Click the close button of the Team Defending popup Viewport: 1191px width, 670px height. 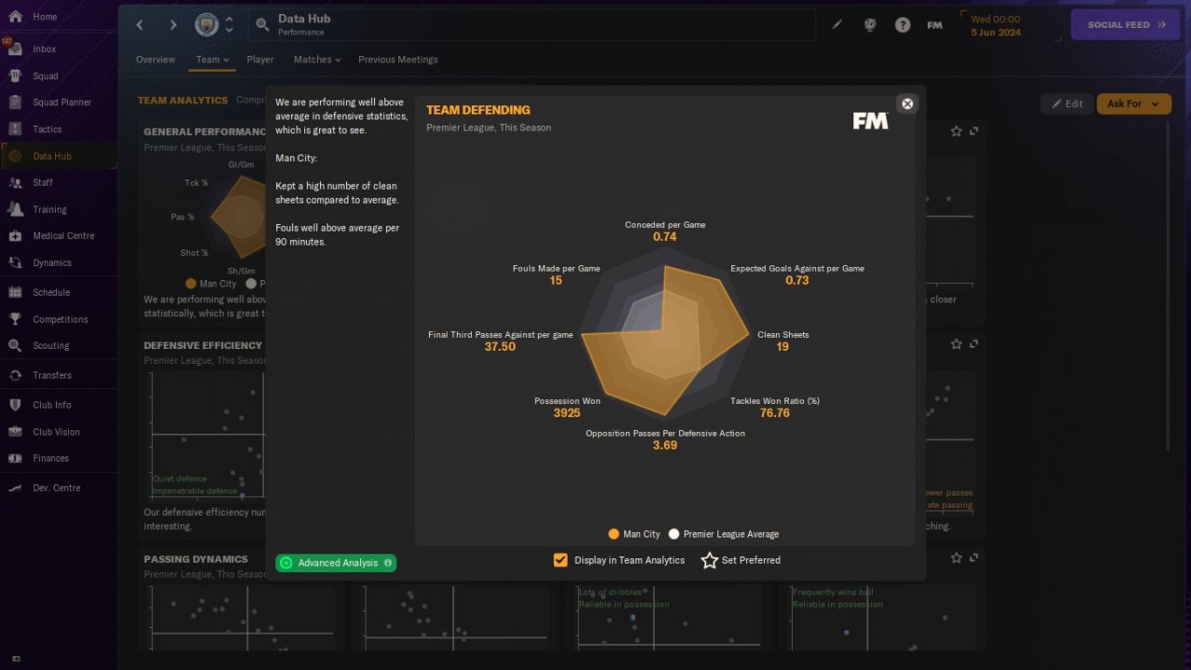[907, 103]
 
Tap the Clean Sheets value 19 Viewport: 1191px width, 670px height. [783, 347]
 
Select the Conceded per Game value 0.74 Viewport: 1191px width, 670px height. [664, 237]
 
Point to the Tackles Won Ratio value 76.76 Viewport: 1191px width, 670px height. [774, 413]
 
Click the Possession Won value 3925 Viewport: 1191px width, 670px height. [567, 413]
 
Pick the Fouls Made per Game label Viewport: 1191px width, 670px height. [555, 268]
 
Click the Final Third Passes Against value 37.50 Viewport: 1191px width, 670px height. [500, 347]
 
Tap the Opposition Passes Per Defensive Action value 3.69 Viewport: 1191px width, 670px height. [664, 446]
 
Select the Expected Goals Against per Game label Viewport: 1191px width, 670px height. [796, 268]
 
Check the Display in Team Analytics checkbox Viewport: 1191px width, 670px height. [560, 560]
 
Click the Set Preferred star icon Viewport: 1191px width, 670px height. [710, 560]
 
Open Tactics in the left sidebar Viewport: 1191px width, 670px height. [47, 129]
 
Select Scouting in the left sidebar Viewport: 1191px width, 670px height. [51, 345]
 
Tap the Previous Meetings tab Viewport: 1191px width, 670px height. [397, 60]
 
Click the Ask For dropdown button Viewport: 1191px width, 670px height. [1132, 104]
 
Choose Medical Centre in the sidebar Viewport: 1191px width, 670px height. [63, 235]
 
